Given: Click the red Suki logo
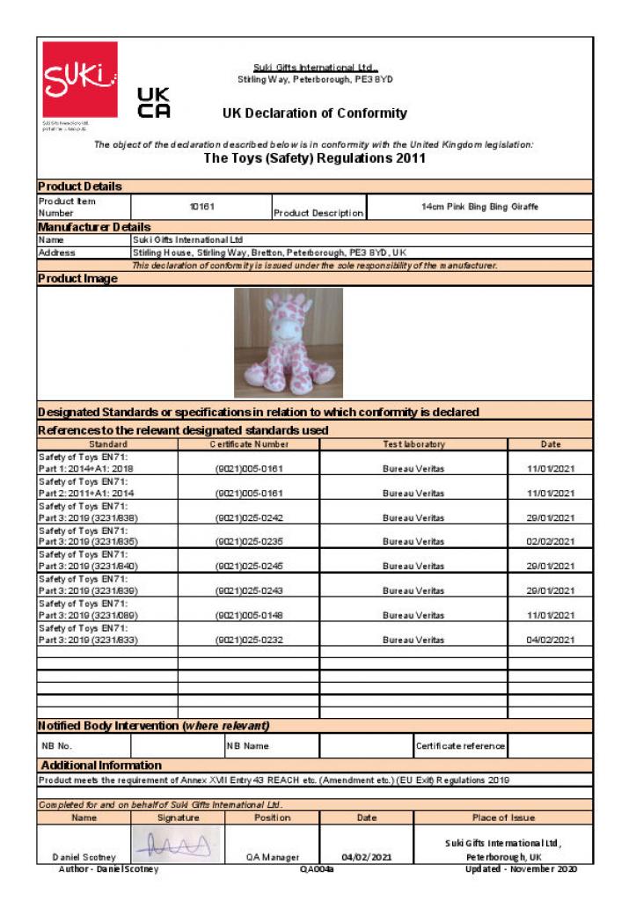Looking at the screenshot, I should coord(80,78).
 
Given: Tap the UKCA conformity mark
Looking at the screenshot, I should coord(154,103).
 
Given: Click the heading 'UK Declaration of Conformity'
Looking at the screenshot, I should coord(315,113).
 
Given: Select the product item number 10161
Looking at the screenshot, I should coord(202,207).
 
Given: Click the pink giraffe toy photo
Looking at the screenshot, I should coord(289,342).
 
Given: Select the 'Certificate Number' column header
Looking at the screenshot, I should coord(249,444).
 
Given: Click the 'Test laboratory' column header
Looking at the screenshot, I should coord(413,444).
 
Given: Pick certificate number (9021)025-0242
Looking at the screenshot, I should coord(249,518).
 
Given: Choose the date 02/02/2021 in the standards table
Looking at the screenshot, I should coord(550,542).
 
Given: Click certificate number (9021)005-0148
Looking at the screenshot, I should coord(249,616).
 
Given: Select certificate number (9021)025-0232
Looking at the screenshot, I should coord(249,641).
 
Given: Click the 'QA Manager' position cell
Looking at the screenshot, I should coord(273,857).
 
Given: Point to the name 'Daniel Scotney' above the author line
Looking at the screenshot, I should coord(84,857).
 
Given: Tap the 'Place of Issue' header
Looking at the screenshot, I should coord(503,817).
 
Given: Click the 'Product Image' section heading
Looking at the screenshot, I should coord(77,279).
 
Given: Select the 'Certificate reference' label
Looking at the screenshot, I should coord(461,746).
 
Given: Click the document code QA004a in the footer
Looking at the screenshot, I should coord(317,869).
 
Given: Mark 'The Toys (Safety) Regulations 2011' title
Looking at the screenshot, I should coord(315,159).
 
